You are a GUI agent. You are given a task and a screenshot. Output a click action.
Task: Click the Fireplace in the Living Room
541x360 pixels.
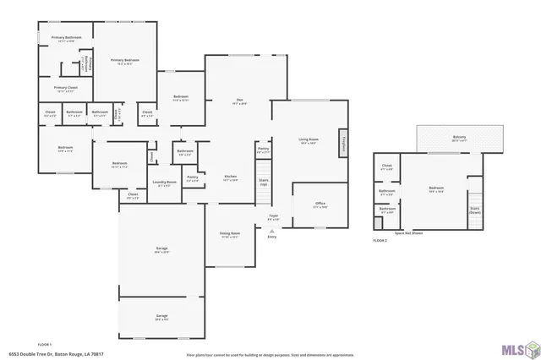343,143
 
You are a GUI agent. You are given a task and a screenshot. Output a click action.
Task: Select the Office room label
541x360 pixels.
320,205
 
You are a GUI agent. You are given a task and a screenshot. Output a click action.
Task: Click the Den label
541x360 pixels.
240,102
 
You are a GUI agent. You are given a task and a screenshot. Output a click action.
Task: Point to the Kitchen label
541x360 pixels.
229,177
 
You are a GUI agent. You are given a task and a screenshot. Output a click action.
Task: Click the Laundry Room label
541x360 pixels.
164,183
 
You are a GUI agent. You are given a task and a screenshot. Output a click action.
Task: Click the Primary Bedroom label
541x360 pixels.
124,61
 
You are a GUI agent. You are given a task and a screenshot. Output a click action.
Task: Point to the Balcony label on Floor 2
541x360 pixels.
459,138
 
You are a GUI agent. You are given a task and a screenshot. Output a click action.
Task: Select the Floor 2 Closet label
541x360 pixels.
387,167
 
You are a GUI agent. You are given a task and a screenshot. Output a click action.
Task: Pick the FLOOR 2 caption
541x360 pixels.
380,241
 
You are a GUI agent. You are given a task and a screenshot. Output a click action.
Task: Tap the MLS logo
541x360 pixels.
517,347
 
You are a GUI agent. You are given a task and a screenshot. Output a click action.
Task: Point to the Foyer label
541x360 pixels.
273,217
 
